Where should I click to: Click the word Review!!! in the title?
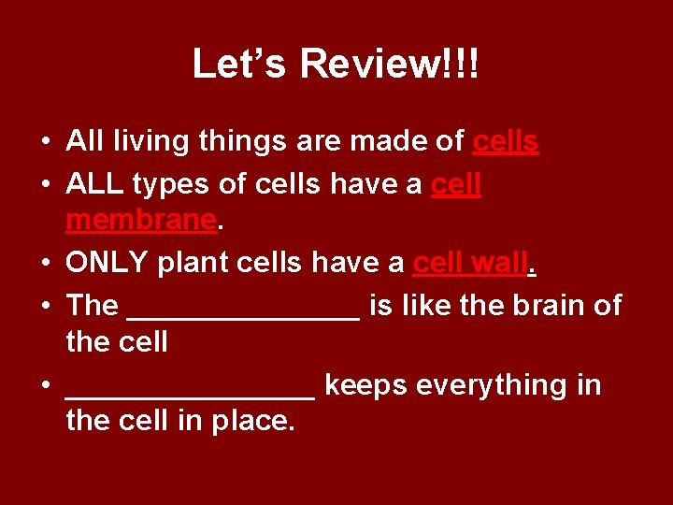coord(390,65)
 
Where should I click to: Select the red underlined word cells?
coord(506,141)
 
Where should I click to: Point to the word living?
coord(146,142)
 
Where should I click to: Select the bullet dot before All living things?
coord(45,142)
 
